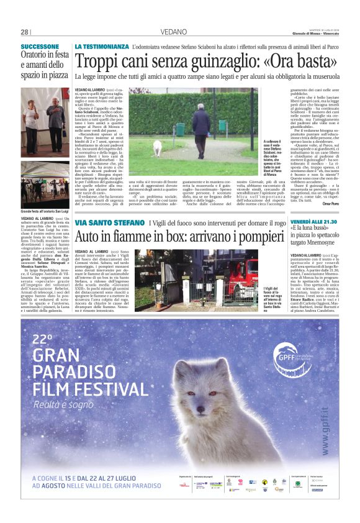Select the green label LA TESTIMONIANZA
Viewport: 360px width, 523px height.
click(101, 47)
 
